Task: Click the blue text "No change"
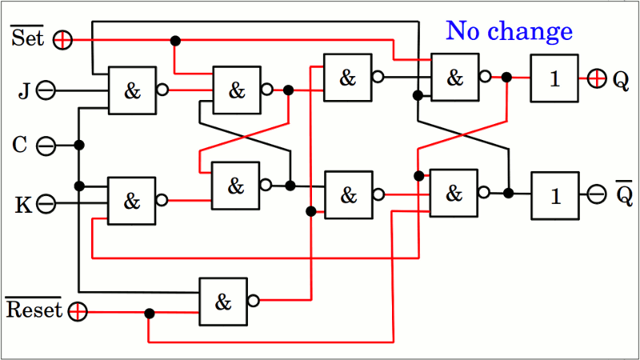point(509,31)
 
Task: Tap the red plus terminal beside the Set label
point(62,39)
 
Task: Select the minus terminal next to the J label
point(46,90)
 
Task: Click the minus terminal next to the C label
point(46,146)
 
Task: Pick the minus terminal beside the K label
point(46,204)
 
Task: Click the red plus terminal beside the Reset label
point(77,311)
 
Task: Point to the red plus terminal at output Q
point(597,78)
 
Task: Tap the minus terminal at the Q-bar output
point(597,194)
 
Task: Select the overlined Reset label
point(34,310)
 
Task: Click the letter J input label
point(24,91)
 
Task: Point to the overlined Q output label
point(622,194)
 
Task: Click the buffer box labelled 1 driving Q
point(554,78)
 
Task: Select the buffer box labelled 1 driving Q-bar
point(554,195)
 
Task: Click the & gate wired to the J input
point(132,90)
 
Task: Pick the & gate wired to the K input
point(132,201)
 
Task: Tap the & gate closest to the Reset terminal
point(223,302)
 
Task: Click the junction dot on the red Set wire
point(175,40)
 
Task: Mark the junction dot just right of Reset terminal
point(149,312)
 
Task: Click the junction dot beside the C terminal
point(78,145)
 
